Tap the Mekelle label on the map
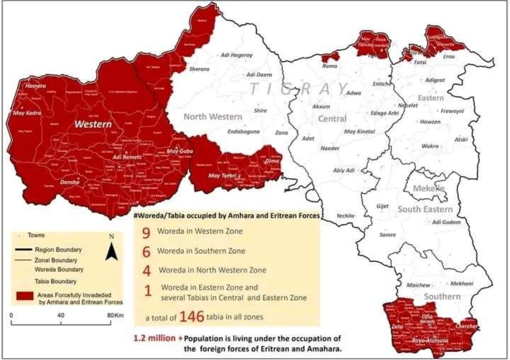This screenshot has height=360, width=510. [429, 188]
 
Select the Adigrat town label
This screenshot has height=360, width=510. [435, 80]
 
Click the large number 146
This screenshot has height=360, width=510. [191, 317]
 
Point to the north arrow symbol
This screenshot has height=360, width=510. [111, 248]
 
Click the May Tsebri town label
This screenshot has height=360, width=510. [221, 176]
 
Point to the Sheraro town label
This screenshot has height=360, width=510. [199, 69]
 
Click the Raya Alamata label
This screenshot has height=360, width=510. [429, 340]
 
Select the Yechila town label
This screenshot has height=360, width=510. [345, 215]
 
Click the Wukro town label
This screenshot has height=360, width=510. [430, 146]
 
